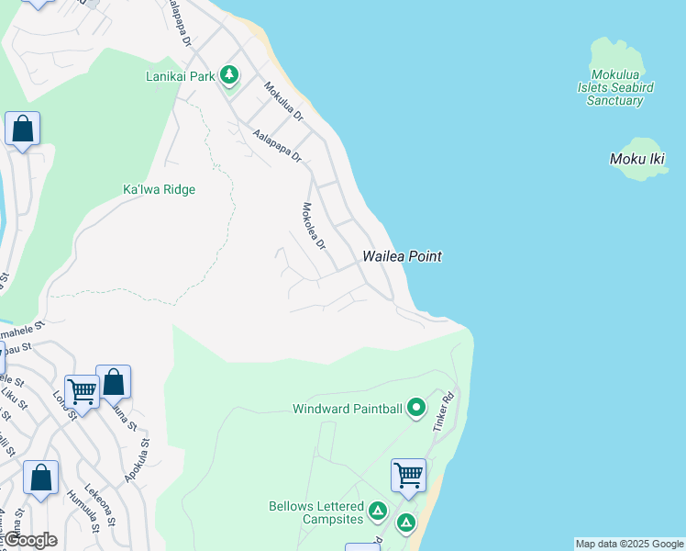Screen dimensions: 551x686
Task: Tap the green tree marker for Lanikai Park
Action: (228, 75)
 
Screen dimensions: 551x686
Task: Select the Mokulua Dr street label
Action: (283, 101)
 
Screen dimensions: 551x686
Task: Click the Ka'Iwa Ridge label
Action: (160, 189)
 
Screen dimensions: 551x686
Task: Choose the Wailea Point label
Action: (403, 256)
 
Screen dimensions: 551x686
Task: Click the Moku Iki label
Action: (636, 159)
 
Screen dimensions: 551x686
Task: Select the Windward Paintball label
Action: (348, 409)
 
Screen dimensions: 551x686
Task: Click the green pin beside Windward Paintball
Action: (416, 407)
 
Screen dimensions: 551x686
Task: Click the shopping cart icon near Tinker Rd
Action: (408, 476)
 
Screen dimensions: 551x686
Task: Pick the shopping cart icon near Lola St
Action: (82, 392)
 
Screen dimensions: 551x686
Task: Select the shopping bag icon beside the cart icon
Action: (113, 381)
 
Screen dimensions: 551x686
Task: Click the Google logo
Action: (29, 541)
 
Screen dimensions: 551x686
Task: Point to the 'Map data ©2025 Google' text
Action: (629, 544)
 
